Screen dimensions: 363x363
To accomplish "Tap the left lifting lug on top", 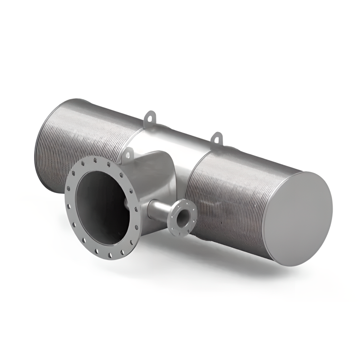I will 149,119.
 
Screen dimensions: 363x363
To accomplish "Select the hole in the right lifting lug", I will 218,136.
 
